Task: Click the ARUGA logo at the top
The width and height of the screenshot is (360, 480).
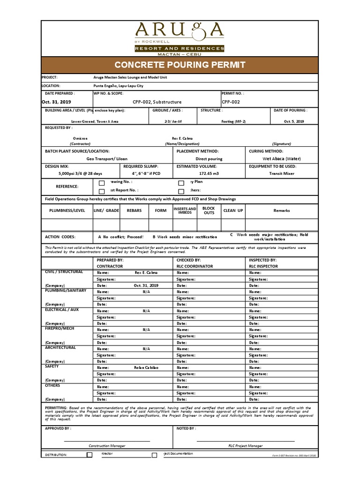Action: [x=180, y=31]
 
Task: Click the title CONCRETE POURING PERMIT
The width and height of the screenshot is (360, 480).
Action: [x=180, y=65]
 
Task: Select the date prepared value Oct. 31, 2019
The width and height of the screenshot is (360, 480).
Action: [x=56, y=102]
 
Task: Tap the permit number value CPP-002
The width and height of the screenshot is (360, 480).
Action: [x=231, y=102]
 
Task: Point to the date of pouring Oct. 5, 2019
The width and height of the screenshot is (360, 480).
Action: [x=294, y=121]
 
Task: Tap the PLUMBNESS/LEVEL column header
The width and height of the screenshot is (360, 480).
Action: [x=67, y=210]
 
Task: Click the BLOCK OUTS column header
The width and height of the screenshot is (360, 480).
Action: [x=209, y=210]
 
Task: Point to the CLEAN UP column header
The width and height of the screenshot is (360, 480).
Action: [x=233, y=210]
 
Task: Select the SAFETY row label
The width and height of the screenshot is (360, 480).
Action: [x=52, y=366]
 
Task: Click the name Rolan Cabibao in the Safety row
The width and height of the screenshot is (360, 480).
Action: [x=146, y=368]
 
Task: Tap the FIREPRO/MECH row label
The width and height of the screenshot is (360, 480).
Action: [x=59, y=328]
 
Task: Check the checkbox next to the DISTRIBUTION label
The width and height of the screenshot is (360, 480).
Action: [x=90, y=455]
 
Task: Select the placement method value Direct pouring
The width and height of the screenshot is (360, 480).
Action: [x=209, y=159]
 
